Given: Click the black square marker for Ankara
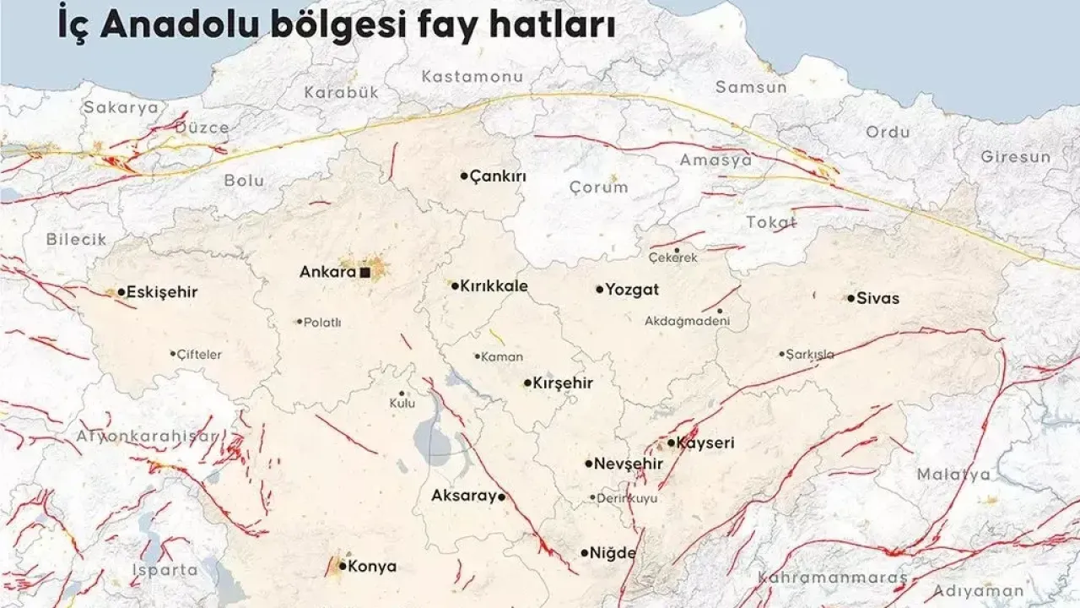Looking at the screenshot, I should [364, 273].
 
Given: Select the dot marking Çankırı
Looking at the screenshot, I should [464, 176].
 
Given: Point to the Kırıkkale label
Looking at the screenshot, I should [494, 286].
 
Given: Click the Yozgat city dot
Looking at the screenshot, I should [600, 289].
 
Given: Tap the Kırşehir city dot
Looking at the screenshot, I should [528, 383].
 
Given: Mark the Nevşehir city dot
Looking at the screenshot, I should [589, 463].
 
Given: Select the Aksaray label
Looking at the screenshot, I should [463, 497].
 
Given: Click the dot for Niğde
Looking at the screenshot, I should [585, 553].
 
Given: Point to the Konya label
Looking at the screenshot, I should [372, 567].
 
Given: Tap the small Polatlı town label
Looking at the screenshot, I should [322, 323].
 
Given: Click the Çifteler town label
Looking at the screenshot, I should [200, 355].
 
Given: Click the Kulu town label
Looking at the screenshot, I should [402, 404].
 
